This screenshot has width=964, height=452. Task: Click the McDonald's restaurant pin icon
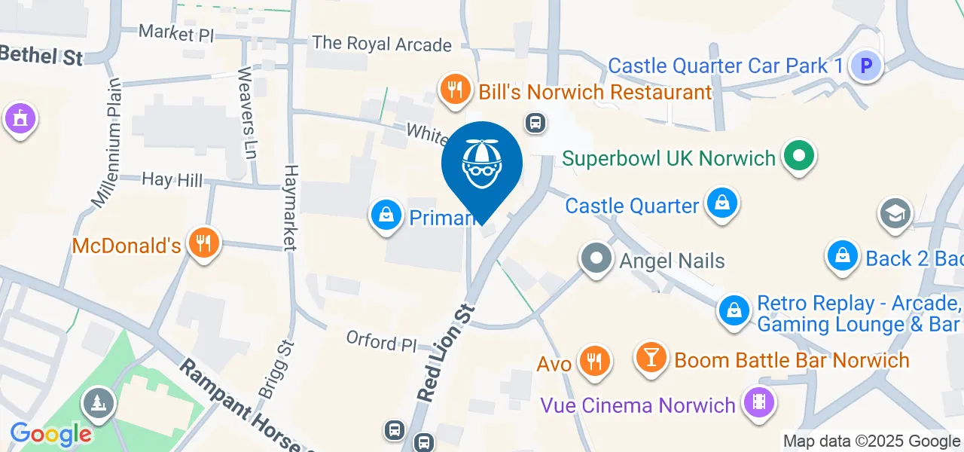(x=203, y=243)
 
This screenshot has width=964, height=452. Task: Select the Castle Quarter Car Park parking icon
(x=866, y=66)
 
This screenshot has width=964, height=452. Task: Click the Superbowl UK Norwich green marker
(x=800, y=157)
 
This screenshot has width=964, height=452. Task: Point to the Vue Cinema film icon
(x=758, y=404)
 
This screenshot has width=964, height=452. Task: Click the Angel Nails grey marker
(x=596, y=259)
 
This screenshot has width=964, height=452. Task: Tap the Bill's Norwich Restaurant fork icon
(x=454, y=90)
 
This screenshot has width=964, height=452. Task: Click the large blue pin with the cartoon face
(x=481, y=163)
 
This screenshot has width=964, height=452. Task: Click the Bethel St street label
(x=41, y=54)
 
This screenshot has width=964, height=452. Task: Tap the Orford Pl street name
(x=381, y=341)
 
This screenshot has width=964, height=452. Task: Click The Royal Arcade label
(x=382, y=44)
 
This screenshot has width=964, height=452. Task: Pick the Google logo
(x=50, y=434)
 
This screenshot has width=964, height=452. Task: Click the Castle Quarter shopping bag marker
(x=721, y=203)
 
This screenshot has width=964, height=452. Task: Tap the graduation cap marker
(x=895, y=214)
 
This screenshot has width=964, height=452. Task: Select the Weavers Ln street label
(x=246, y=113)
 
